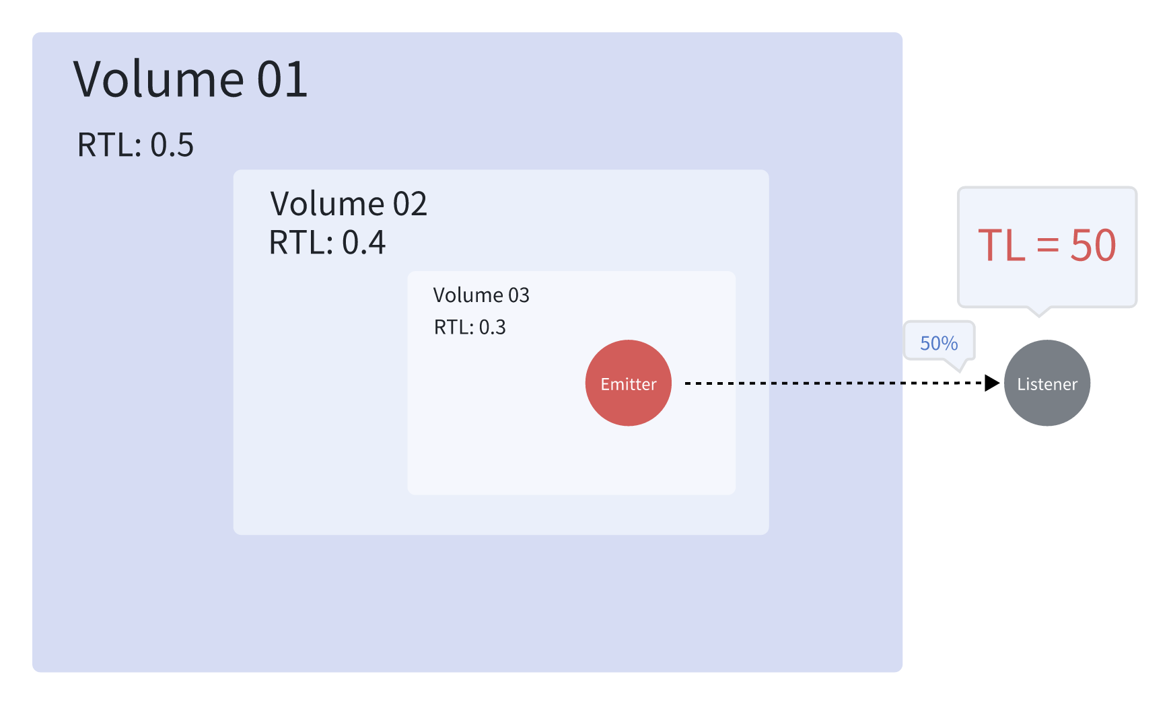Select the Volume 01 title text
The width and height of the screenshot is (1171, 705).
pos(190,79)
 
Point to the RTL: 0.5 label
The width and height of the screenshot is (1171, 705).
pos(135,145)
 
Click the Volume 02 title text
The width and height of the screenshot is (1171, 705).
pos(349,204)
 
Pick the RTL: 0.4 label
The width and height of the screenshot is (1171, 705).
pos(327,242)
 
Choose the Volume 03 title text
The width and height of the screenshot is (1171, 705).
pos(481,295)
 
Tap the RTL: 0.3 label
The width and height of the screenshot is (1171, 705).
pos(470,328)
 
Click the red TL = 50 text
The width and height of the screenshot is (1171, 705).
pos(1046,246)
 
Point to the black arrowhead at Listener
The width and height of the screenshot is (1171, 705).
pos(992,383)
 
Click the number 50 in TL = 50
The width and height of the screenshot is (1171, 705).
pos(1093,246)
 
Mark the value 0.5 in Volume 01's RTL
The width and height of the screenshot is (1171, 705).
pos(172,145)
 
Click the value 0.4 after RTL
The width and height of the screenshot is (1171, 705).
pos(363,242)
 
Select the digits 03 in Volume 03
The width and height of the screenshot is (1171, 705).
pos(519,295)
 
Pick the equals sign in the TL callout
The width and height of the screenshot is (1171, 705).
pos(1048,246)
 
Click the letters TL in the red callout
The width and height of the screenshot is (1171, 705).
pos(1002,246)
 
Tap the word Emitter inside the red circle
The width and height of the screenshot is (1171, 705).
pos(629,384)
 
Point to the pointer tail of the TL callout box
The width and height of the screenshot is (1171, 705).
pos(1039,311)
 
